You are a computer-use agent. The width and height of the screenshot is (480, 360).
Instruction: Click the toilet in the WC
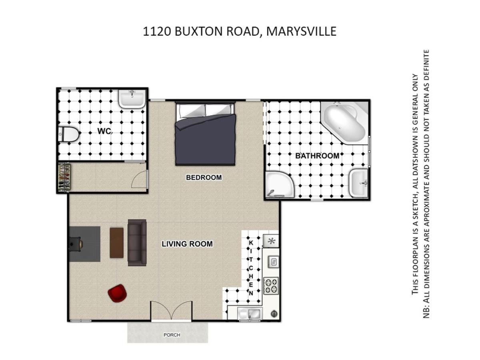point(68,134)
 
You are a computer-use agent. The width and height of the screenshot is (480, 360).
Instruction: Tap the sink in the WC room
point(132,99)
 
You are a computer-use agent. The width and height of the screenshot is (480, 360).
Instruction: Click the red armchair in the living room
point(118,293)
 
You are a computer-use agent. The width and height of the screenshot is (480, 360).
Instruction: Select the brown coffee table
point(116,243)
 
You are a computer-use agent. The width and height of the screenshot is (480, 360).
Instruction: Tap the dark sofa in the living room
point(137,243)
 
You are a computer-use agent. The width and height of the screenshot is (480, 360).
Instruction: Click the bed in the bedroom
point(205,133)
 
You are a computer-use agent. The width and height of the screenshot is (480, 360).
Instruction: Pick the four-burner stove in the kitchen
point(271,286)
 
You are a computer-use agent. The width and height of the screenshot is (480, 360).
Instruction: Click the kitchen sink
point(250,314)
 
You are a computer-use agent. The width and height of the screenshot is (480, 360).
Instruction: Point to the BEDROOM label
point(204,178)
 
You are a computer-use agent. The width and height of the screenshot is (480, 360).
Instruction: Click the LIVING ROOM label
point(187,244)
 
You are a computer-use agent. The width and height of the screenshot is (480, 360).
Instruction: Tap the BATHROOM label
point(317,156)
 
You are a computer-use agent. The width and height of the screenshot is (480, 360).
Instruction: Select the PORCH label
point(172,335)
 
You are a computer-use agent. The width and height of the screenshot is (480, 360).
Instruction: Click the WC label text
point(104,131)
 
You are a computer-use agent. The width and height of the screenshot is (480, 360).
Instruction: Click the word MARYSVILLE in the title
point(301,31)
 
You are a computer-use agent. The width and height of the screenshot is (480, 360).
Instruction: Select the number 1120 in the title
point(157,31)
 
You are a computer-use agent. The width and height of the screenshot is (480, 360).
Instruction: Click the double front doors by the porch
point(172,311)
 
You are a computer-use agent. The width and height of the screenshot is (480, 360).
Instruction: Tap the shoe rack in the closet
point(64,178)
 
